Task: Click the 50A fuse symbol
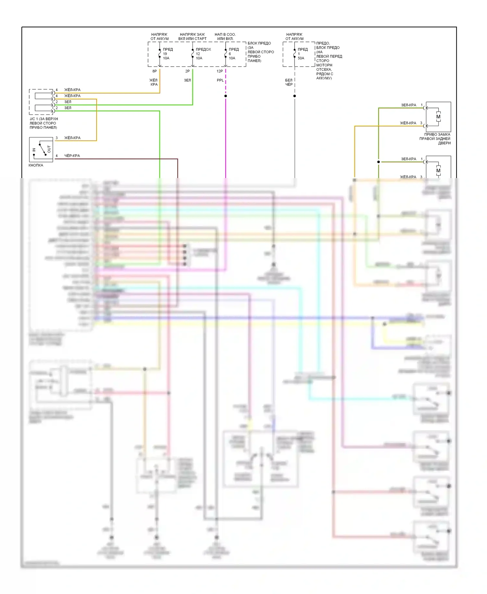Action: pyautogui.click(x=294, y=54)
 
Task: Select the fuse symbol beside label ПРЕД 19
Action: pyautogui.click(x=160, y=54)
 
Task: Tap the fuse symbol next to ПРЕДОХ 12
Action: pyautogui.click(x=193, y=54)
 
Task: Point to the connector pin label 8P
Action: pyautogui.click(x=155, y=71)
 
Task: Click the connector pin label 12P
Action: pyautogui.click(x=220, y=71)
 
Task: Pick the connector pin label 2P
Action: pyautogui.click(x=187, y=71)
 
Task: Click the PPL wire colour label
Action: pyautogui.click(x=220, y=80)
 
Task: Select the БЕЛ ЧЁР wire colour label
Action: pyautogui.click(x=289, y=82)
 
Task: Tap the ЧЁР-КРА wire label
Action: pyautogui.click(x=72, y=156)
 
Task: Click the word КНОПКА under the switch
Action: pyautogui.click(x=36, y=165)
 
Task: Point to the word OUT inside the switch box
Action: pyautogui.click(x=49, y=149)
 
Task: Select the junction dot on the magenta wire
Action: pyautogui.click(x=226, y=96)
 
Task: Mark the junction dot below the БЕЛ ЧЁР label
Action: pyautogui.click(x=294, y=96)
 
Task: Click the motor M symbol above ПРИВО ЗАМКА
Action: pyautogui.click(x=438, y=117)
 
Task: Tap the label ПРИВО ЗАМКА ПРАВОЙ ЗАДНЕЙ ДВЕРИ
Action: pyautogui.click(x=435, y=139)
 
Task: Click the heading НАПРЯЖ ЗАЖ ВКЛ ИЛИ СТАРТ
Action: pyautogui.click(x=192, y=36)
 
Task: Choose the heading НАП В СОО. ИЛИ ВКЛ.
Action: pyautogui.click(x=225, y=36)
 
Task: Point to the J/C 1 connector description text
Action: pyautogui.click(x=44, y=123)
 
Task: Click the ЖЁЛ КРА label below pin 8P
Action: pyautogui.click(x=154, y=82)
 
